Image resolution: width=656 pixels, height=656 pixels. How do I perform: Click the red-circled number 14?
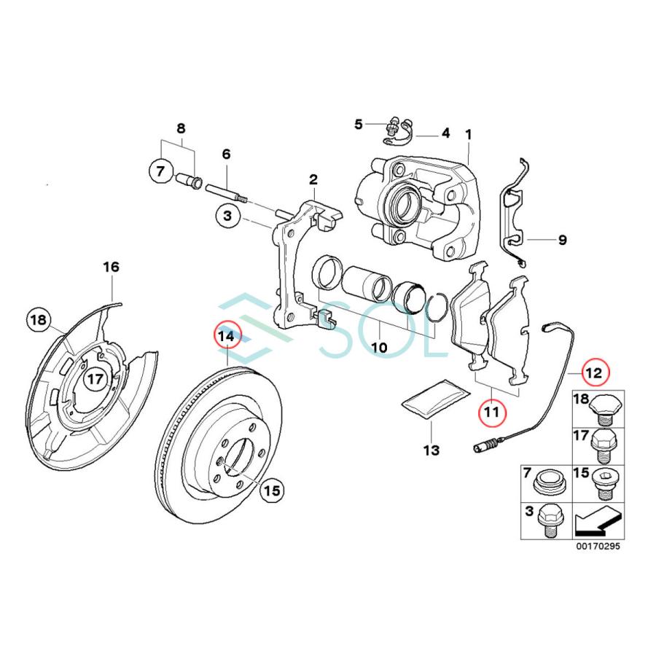pos(227,337)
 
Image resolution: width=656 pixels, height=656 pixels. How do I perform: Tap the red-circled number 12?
pos(594,372)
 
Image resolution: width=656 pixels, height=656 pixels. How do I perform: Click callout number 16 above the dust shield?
pos(110,268)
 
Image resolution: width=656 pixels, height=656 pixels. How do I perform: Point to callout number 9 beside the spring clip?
pos(561,239)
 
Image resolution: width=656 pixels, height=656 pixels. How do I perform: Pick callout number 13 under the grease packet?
pos(431,450)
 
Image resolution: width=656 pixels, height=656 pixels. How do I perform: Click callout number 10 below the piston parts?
pos(379,348)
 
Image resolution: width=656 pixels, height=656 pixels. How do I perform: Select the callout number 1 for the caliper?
pos(469,135)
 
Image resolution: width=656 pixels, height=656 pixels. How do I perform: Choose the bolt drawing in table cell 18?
pos(604,409)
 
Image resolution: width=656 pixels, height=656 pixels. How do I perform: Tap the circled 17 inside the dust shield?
pos(95,379)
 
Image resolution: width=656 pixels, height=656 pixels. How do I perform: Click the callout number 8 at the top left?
pos(181,129)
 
